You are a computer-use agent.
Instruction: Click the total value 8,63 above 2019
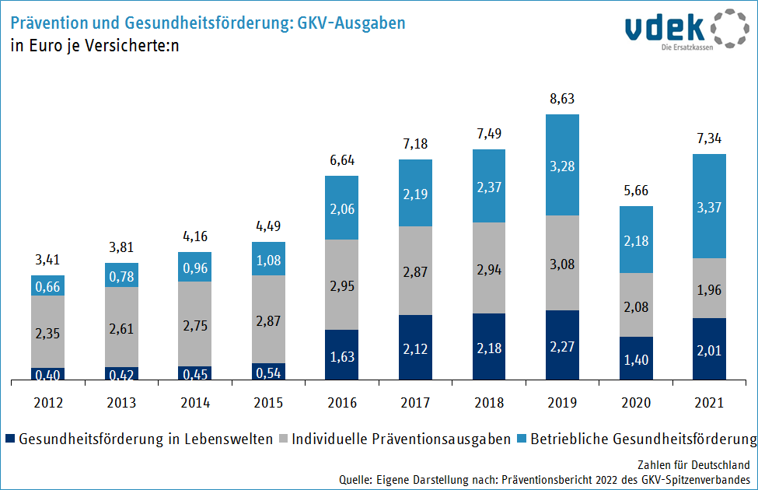coord(563,99)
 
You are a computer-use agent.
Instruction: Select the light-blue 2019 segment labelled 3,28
coord(563,165)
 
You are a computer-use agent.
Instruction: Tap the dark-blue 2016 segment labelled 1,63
coord(342,355)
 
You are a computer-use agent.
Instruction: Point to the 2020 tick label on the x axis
coord(636,403)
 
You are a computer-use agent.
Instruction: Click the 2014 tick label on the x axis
coord(195,403)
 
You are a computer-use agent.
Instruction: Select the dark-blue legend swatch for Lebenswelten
coord(9,439)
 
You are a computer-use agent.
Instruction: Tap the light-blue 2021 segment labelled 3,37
coord(710,206)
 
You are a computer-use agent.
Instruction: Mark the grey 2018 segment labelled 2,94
coord(489,268)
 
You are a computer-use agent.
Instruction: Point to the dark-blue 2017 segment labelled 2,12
coord(416,348)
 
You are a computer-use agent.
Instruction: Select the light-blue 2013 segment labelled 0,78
coord(122,275)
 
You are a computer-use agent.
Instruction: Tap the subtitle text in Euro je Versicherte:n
coord(95,45)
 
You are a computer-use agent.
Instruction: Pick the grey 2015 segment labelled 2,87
coord(269,319)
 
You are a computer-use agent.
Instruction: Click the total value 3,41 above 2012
coord(48,260)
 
